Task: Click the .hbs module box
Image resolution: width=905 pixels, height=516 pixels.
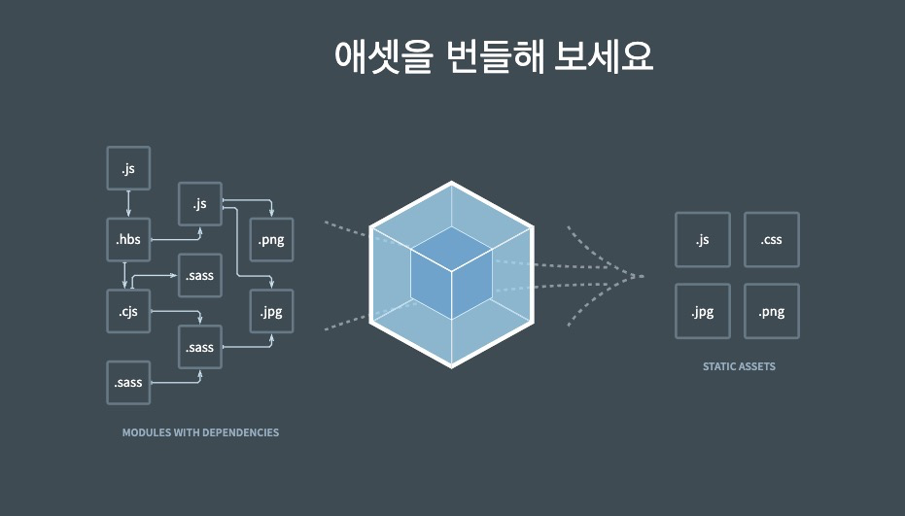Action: coord(128,240)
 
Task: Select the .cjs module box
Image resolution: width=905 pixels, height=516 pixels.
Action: coord(128,311)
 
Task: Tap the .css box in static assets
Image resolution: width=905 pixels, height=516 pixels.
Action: coord(772,240)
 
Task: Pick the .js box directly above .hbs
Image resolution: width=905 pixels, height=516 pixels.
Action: coord(128,169)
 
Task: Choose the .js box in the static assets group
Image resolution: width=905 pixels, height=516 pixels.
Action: coord(702,240)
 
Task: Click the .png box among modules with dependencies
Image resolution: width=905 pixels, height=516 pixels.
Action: coord(271,240)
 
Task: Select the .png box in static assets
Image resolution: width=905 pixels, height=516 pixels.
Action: coord(772,311)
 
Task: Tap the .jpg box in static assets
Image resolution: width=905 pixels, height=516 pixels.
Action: coord(702,311)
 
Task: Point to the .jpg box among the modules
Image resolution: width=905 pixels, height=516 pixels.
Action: coord(271,311)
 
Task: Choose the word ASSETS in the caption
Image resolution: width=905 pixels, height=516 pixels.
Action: coord(757,366)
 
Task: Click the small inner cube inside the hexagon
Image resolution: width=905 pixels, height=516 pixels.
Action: coord(451,275)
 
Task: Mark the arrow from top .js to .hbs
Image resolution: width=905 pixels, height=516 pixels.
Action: coord(128,204)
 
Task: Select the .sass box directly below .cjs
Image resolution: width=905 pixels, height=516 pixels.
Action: coord(128,382)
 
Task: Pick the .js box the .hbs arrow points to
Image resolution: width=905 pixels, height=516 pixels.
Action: coord(200,204)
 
